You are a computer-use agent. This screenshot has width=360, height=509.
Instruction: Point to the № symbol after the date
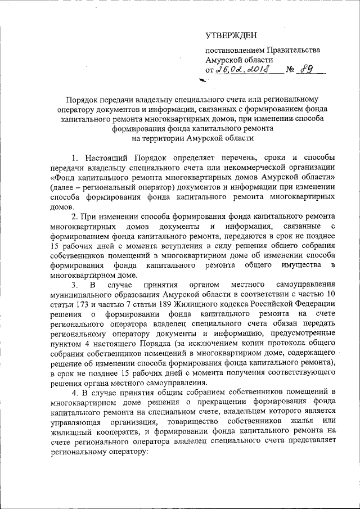click(291, 70)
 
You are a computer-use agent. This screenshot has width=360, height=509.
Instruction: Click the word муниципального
click(82, 295)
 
